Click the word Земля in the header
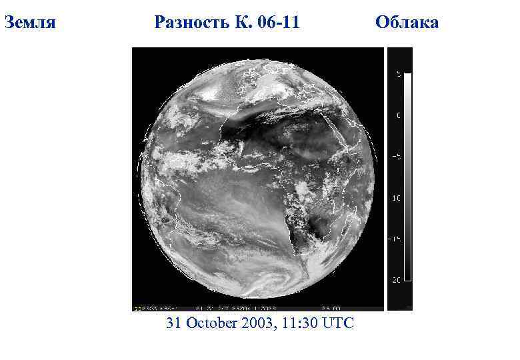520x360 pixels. click(x=29, y=23)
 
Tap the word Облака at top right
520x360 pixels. click(x=407, y=23)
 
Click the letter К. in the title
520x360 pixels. click(x=242, y=23)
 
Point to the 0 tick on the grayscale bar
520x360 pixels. click(x=399, y=115)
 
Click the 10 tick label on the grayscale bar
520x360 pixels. click(x=397, y=198)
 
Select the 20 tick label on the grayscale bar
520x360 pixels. click(x=397, y=280)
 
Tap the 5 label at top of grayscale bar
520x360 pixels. click(x=399, y=74)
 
